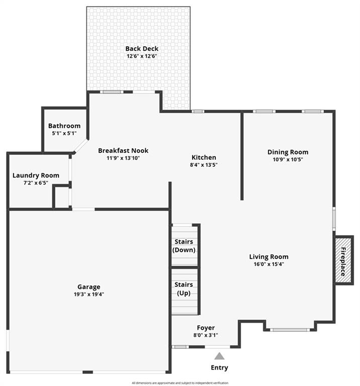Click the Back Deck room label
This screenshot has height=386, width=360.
142,48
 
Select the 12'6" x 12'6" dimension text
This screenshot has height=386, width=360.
142,56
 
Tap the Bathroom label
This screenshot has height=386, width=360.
64,126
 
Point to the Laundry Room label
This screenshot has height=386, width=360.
36,175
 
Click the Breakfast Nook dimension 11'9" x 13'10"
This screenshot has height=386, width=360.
123,158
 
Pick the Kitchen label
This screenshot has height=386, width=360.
204,157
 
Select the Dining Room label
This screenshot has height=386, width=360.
288,152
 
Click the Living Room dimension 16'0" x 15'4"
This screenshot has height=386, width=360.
269,264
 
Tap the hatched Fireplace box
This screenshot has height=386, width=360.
343,260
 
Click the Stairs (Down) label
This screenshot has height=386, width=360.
184,246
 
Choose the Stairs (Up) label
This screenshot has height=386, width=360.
184,289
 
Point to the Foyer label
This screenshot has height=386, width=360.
206,328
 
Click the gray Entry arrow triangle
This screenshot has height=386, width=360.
219,356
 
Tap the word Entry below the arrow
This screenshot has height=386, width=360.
219,367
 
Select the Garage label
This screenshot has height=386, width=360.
89,287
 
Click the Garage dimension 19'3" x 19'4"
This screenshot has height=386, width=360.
89,295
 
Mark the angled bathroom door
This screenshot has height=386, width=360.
81,146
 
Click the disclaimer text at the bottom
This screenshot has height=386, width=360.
180,383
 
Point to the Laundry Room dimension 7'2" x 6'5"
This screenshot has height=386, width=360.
36,183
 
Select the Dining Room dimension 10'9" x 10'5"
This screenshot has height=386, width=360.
288,159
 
